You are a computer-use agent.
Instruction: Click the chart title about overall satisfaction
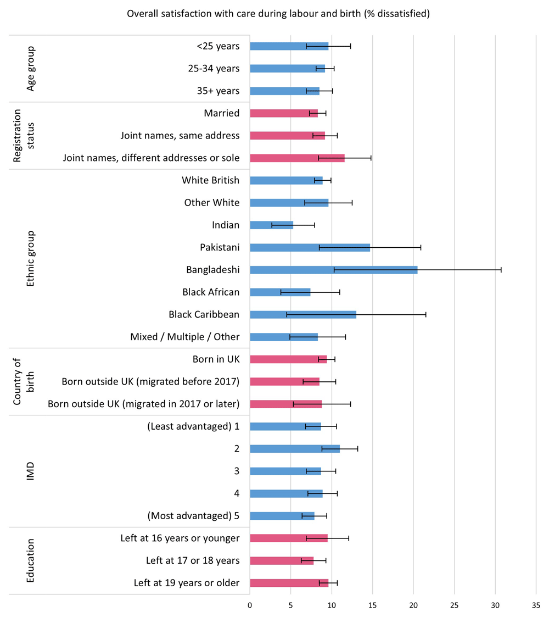coord(278,14)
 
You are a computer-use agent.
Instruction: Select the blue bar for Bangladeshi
coord(333,270)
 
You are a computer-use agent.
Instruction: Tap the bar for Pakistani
coord(310,247)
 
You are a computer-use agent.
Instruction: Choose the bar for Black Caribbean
coord(302,315)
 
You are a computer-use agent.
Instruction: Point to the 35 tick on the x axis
coord(536,605)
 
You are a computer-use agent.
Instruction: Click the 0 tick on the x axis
coord(250,605)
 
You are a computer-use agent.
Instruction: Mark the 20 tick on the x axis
coord(413,605)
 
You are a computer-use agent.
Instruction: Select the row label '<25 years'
coord(218,46)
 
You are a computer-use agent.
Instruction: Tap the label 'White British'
coord(210,180)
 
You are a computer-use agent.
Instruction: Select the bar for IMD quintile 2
coord(294,449)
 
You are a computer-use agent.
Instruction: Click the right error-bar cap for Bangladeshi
coord(501,270)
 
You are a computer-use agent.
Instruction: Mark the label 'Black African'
coord(211,292)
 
